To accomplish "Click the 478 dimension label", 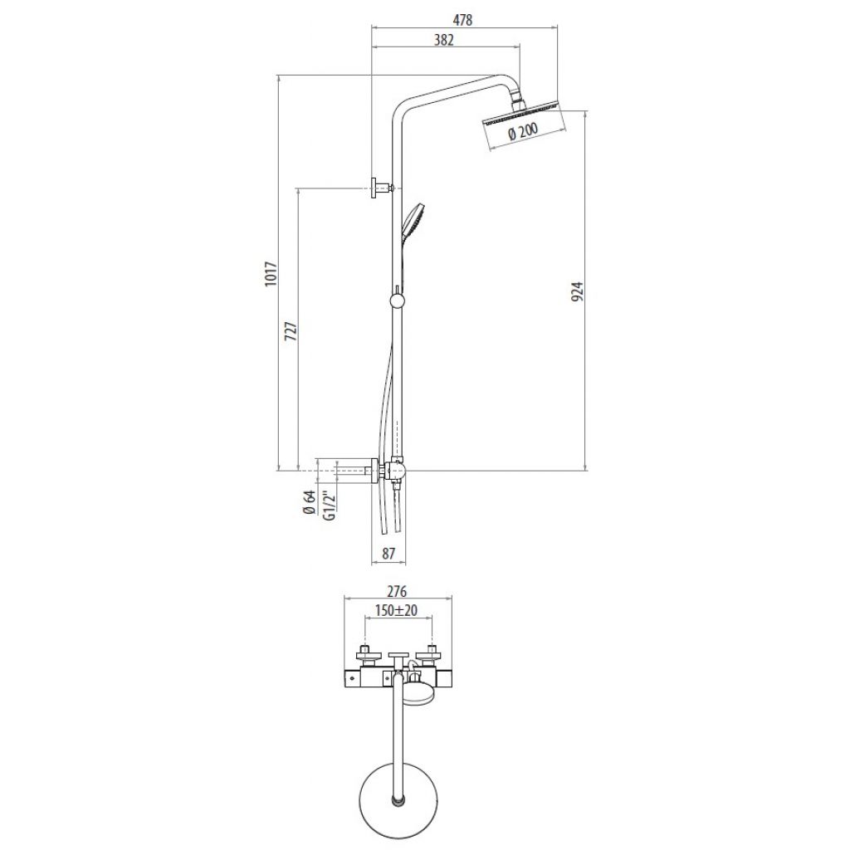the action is [463, 20].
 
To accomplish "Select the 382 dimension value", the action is [443, 40].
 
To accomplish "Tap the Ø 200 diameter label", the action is [523, 132].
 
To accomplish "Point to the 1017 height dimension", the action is [271, 274].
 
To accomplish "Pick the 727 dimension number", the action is [291, 330].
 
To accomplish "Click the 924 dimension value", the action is [578, 291].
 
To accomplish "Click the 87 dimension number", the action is [388, 554].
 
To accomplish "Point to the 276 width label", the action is [398, 591].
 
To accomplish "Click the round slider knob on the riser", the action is [397, 300].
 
